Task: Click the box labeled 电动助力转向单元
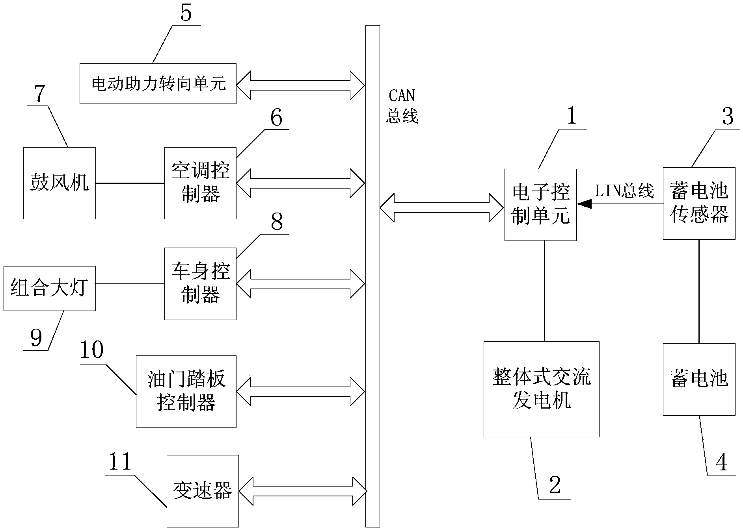(x=158, y=83)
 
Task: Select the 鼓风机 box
(x=60, y=183)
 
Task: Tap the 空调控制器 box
(x=200, y=183)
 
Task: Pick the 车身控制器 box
(x=200, y=283)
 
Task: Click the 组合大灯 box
(x=49, y=288)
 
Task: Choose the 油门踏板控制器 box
(x=186, y=391)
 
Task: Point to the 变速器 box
(x=203, y=491)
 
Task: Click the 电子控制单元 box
(x=540, y=205)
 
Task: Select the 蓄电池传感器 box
(x=699, y=204)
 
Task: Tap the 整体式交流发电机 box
(x=541, y=389)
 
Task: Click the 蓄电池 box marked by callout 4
(x=699, y=379)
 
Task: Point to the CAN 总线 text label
(x=402, y=106)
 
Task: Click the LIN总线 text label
(x=624, y=191)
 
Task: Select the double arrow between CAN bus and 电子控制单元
(x=441, y=207)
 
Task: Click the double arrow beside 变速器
(x=303, y=491)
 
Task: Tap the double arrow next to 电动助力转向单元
(x=300, y=85)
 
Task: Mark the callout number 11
(x=120, y=462)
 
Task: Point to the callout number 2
(x=555, y=485)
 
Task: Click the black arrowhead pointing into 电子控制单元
(x=585, y=204)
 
